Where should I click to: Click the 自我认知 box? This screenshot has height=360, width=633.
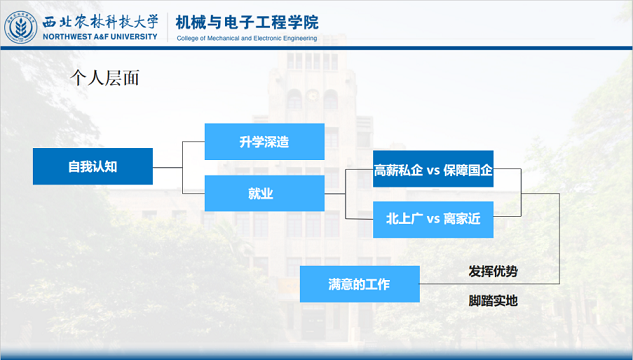tap(92, 166)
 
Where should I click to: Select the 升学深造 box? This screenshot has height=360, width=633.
tap(264, 141)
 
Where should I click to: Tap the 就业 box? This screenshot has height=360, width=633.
tap(264, 193)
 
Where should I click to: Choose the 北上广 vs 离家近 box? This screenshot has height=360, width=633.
tap(433, 219)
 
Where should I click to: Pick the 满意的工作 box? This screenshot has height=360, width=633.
tap(359, 284)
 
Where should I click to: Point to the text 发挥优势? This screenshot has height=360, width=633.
tap(493, 271)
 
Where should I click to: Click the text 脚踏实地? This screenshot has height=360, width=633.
tap(493, 300)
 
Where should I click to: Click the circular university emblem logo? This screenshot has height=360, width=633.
tap(18, 27)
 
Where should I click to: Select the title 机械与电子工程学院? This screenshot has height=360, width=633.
tap(247, 20)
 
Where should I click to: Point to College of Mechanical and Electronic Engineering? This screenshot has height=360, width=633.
tap(247, 38)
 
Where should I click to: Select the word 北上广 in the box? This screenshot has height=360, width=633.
tap(405, 219)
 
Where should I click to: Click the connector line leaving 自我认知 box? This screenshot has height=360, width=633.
tap(167, 166)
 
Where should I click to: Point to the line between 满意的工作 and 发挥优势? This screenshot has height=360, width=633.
tap(440, 284)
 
